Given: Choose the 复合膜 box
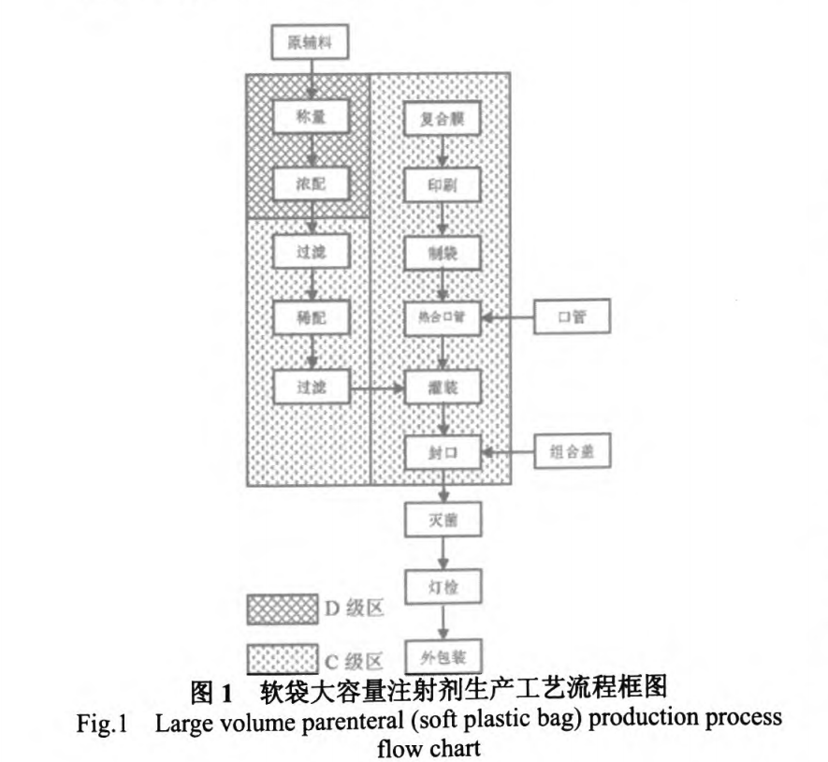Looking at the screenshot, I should (443, 119).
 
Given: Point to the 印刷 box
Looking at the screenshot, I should (443, 184).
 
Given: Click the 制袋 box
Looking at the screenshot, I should (443, 251).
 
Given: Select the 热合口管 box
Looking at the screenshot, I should (443, 317).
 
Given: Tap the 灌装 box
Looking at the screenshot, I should (443, 386).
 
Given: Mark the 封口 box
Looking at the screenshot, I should (443, 452).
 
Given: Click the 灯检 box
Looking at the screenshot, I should (443, 587).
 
